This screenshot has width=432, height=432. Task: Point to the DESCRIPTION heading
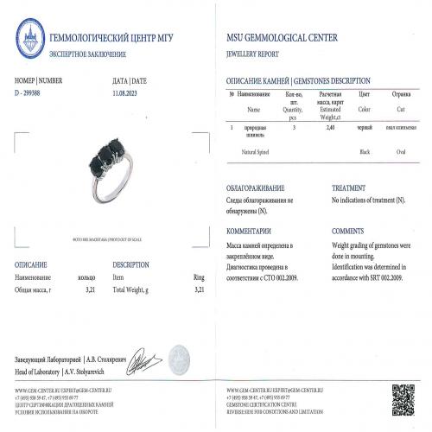point(132,264)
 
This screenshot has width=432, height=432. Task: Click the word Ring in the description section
point(198,276)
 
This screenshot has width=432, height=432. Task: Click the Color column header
point(364,110)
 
